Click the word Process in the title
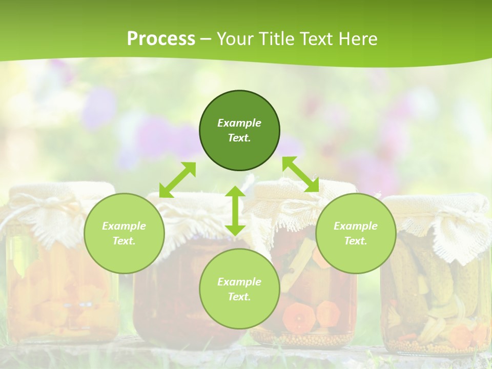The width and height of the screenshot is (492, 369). (161, 38)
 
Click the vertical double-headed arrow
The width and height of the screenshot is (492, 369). (235, 211)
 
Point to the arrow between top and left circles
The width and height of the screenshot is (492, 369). (177, 180)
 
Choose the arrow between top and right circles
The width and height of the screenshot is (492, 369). (300, 174)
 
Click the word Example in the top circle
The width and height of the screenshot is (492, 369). (239, 123)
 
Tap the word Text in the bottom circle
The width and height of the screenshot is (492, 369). (239, 297)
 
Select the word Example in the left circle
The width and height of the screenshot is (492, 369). (124, 226)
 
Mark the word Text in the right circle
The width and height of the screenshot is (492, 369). (355, 241)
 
